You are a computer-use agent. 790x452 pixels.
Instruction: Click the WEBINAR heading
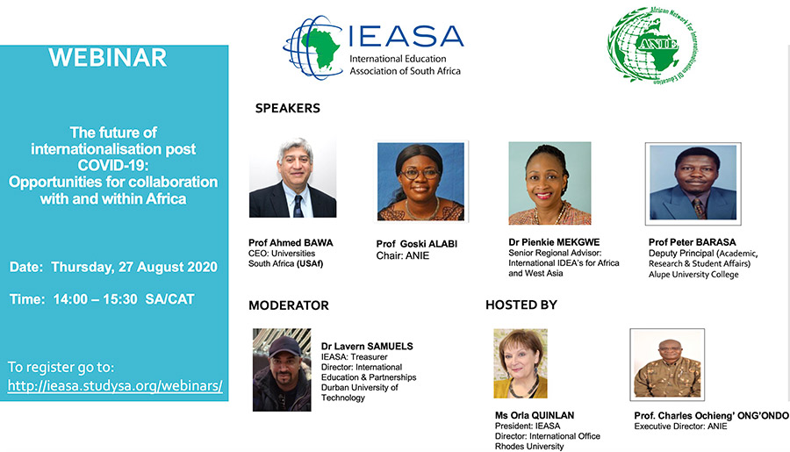[107, 57]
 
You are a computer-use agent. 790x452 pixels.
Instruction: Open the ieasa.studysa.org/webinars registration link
[115, 385]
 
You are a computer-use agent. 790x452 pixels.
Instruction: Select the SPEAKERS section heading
[288, 108]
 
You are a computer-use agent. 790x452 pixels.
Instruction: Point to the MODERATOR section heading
[289, 305]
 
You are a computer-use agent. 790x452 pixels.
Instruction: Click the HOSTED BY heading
[521, 305]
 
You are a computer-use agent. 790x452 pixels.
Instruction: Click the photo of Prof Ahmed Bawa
[292, 177]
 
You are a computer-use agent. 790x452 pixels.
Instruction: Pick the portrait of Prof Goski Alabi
[421, 182]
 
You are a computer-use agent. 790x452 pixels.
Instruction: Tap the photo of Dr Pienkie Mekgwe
[549, 183]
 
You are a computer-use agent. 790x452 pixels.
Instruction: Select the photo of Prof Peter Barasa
[693, 183]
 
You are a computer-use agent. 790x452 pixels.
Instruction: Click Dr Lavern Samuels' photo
[282, 369]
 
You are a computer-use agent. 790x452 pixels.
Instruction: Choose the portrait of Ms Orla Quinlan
[521, 363]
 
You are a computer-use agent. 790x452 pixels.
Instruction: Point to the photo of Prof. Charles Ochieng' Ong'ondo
[667, 365]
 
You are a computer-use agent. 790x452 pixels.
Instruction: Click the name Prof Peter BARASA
[693, 242]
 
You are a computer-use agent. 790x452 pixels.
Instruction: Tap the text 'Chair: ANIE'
[403, 256]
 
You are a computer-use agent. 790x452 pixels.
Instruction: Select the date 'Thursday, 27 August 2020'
[134, 267]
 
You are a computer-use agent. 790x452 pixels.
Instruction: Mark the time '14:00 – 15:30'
[95, 299]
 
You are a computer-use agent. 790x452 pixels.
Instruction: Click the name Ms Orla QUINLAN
[535, 416]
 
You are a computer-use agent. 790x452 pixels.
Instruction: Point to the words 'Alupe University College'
[693, 275]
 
